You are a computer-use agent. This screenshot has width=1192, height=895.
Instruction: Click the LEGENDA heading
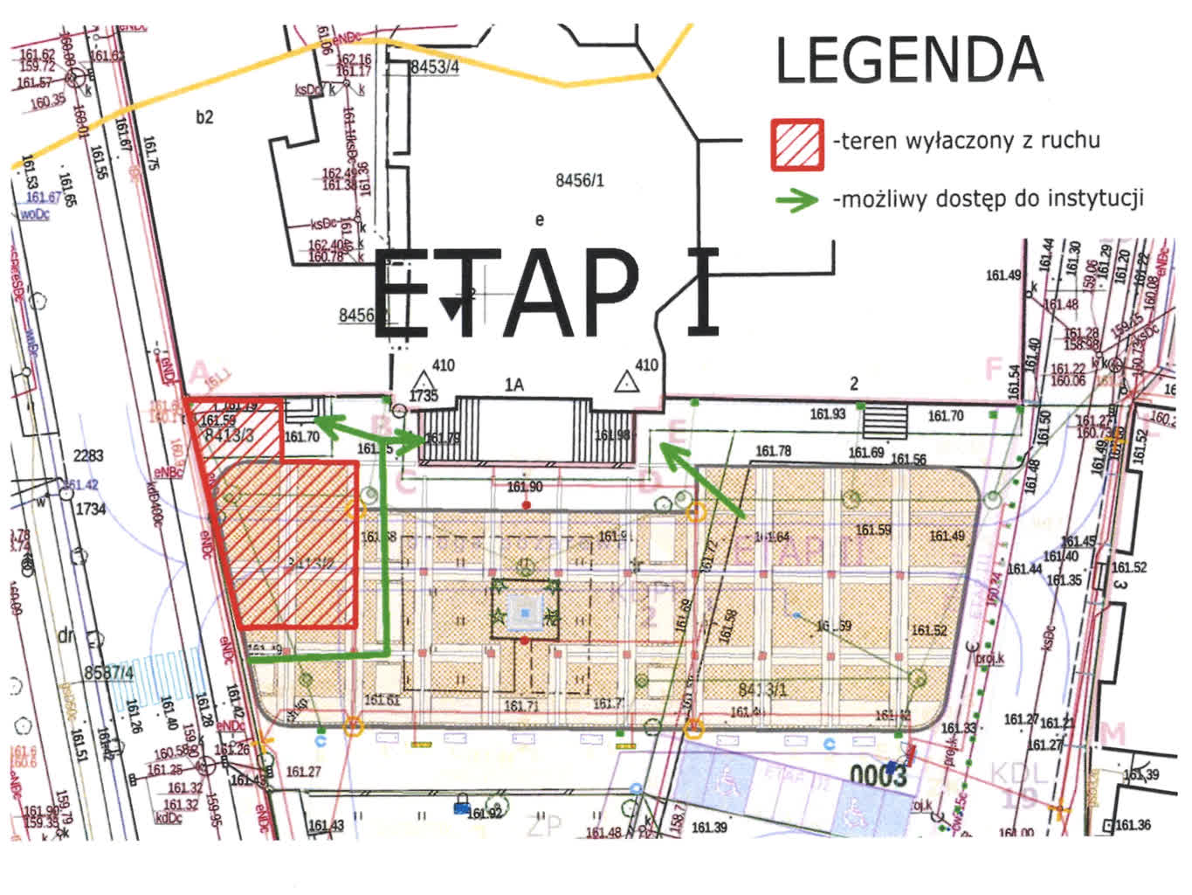909,60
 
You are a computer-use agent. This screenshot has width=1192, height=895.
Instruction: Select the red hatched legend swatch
796,144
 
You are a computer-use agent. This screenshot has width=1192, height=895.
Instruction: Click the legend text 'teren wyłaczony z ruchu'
967,141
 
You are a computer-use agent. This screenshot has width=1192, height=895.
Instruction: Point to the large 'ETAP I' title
547,294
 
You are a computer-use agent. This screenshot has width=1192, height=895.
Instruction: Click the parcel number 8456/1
580,181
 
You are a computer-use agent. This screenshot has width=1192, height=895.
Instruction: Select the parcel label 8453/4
434,66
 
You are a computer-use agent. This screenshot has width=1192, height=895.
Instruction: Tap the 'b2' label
204,116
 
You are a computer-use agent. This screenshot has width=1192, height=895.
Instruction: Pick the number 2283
88,455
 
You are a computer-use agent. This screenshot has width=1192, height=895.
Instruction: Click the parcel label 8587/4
109,672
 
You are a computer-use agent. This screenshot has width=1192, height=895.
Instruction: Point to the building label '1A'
513,385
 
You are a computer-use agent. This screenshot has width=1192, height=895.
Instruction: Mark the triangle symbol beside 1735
424,380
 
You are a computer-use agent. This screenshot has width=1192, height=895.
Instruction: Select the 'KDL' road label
1018,774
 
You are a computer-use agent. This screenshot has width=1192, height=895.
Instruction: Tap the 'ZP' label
544,824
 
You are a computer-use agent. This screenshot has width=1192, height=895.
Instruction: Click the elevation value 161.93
827,413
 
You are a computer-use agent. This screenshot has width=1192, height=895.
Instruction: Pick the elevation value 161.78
773,451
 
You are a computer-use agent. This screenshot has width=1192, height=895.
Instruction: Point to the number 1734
91,508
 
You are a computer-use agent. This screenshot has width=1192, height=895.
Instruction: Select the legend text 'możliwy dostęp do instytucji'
988,198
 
